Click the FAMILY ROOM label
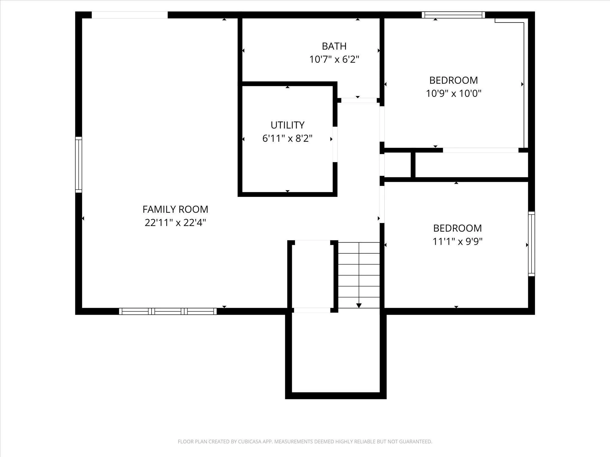175,209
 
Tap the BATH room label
334,46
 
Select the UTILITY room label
288,125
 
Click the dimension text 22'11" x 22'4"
175,223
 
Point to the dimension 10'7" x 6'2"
334,59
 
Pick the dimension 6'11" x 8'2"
288,138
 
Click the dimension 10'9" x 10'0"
454,93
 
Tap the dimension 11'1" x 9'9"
457,241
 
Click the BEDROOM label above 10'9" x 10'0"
454,80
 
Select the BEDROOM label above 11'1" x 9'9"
457,228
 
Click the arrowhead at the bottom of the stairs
359,305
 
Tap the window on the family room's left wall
79,165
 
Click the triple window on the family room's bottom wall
168,311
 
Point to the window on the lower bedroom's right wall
531,244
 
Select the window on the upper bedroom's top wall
453,15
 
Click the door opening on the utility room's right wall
335,144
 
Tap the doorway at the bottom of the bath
359,100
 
